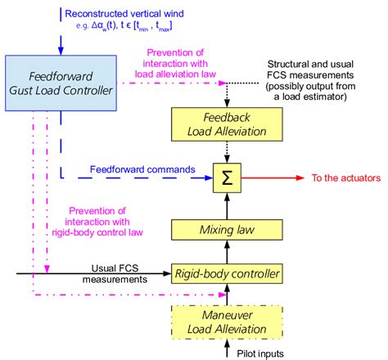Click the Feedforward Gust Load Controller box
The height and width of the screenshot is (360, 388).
[61, 82]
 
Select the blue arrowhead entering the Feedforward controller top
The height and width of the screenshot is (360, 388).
[62, 48]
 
